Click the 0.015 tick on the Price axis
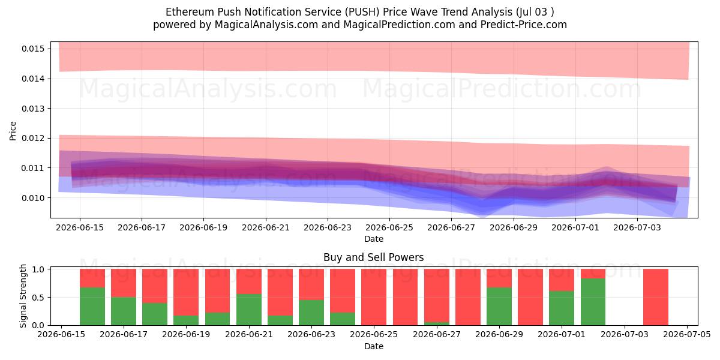(x=33, y=49)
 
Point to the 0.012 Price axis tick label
(x=33, y=138)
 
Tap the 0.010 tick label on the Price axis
(x=33, y=198)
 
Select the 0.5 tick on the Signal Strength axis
(x=38, y=298)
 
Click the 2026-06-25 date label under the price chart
(x=389, y=227)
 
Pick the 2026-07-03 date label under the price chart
(x=637, y=227)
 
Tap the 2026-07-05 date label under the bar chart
(x=687, y=334)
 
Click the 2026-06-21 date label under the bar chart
(x=249, y=334)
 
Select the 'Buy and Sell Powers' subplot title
(x=373, y=257)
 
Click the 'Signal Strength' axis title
(x=23, y=296)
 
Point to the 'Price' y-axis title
(x=13, y=131)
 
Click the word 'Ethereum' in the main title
(x=190, y=12)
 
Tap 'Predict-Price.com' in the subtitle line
(x=524, y=25)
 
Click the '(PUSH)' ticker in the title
(x=362, y=12)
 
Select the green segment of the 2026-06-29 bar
(x=499, y=307)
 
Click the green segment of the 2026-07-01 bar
(x=562, y=308)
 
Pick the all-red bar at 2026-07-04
(x=656, y=297)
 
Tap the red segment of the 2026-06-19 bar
(x=186, y=292)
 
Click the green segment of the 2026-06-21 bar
(x=249, y=310)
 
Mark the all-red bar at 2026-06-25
(x=374, y=297)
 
